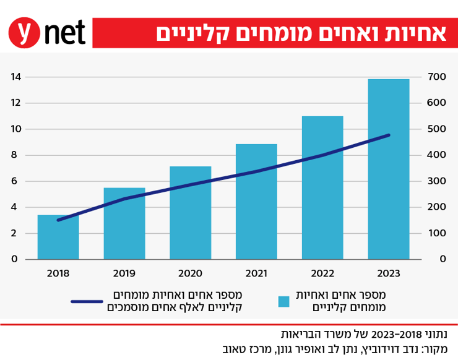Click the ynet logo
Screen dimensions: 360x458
tap(46, 33)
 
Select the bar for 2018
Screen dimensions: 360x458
tap(58, 238)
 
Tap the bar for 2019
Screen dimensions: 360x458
tap(124, 224)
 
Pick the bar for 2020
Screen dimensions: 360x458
tap(190, 213)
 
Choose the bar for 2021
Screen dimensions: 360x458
tap(256, 202)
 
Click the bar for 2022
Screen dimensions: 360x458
tap(322, 187)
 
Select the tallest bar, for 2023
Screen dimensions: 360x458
tap(388, 169)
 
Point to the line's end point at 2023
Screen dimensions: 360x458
tap(389, 135)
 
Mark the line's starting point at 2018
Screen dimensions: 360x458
tap(58, 220)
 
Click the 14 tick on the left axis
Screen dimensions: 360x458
tap(16, 77)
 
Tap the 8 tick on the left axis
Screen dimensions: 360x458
tap(16, 155)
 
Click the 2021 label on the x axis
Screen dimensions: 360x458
tap(256, 273)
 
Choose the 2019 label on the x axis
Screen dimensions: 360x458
tap(124, 273)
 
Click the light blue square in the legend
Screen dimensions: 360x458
tap(283, 301)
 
